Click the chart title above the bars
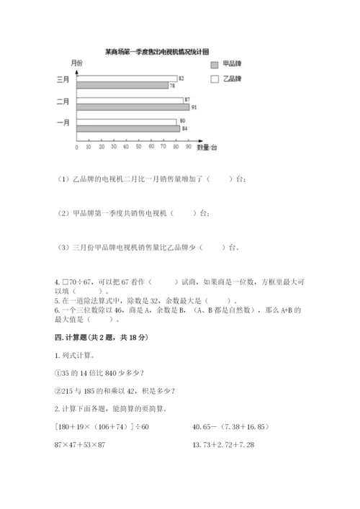coord(156,52)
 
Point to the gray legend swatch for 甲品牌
coord(214,65)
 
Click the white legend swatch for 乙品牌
coord(214,78)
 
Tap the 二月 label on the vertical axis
coord(63,102)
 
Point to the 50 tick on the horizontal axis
coord(139,146)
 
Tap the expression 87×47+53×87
coord(84,444)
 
